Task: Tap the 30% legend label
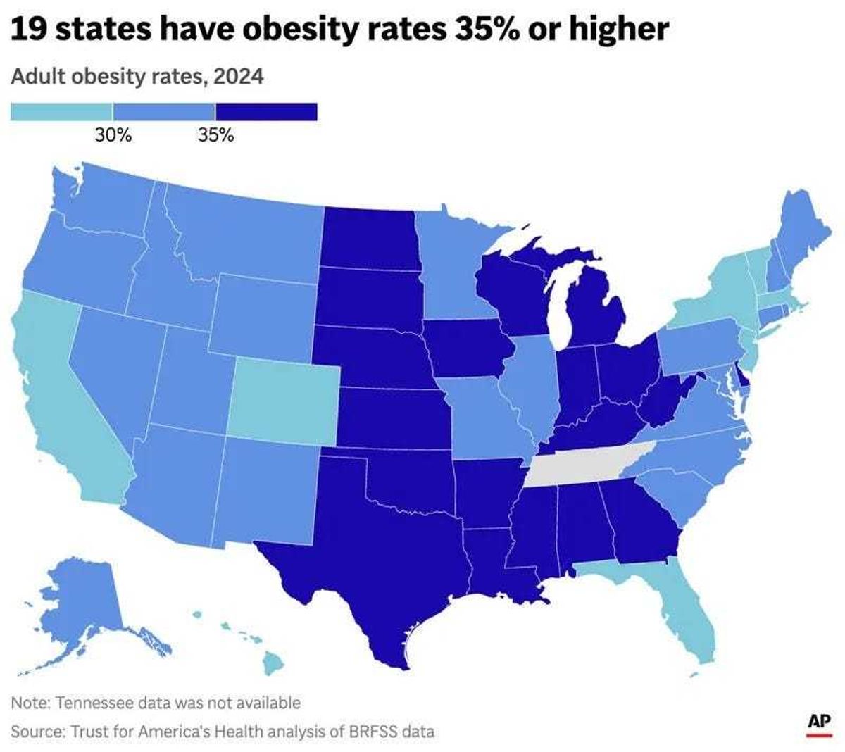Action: click(x=113, y=134)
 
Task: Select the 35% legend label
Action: click(x=215, y=134)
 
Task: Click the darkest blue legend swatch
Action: click(x=266, y=112)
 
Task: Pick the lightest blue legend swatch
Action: click(x=61, y=112)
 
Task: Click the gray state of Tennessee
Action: click(x=584, y=465)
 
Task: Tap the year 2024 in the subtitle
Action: click(x=239, y=76)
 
